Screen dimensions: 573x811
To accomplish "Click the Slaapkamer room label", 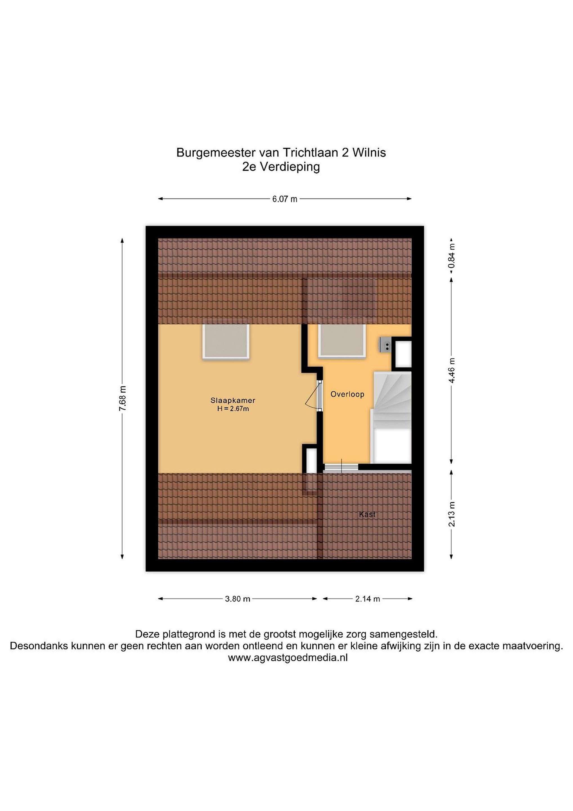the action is click(233, 400).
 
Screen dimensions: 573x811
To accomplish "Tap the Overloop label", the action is click(347, 394).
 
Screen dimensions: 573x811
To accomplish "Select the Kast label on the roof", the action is click(367, 514).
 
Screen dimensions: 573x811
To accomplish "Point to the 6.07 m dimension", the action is click(284, 199).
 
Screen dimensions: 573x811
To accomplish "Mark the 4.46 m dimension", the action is click(452, 370).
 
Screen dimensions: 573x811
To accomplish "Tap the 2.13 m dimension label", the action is click(452, 514).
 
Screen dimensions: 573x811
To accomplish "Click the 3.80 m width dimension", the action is click(237, 599).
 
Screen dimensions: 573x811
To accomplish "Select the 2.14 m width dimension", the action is click(367, 599).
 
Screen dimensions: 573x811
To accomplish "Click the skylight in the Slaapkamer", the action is click(226, 341).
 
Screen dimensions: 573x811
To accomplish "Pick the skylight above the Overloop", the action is click(342, 340).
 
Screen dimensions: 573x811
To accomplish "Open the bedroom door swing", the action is click(312, 396).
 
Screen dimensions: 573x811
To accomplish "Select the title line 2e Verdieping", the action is click(281, 167).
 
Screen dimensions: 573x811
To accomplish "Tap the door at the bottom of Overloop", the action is click(341, 467).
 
